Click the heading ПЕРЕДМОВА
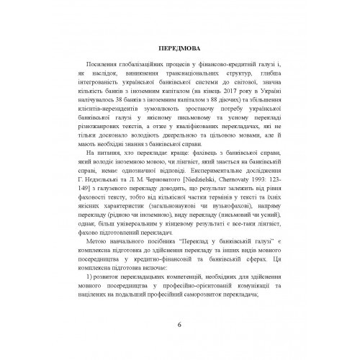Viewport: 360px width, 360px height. coord(180,49)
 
